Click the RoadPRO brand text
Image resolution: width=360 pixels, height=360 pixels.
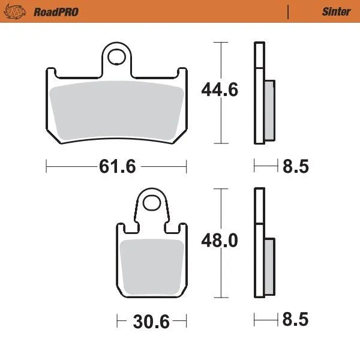[x=56, y=11]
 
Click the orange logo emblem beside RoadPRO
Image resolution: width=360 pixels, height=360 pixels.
[x=19, y=11]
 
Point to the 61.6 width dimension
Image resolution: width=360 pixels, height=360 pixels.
[x=116, y=166]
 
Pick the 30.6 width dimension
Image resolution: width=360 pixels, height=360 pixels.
[x=150, y=322]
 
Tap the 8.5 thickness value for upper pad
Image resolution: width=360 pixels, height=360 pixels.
[x=295, y=166]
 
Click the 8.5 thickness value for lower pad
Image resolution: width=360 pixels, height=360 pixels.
[x=295, y=320]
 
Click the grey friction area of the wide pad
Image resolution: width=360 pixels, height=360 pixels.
[x=116, y=109]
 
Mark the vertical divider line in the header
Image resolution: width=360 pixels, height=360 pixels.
[x=289, y=11]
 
